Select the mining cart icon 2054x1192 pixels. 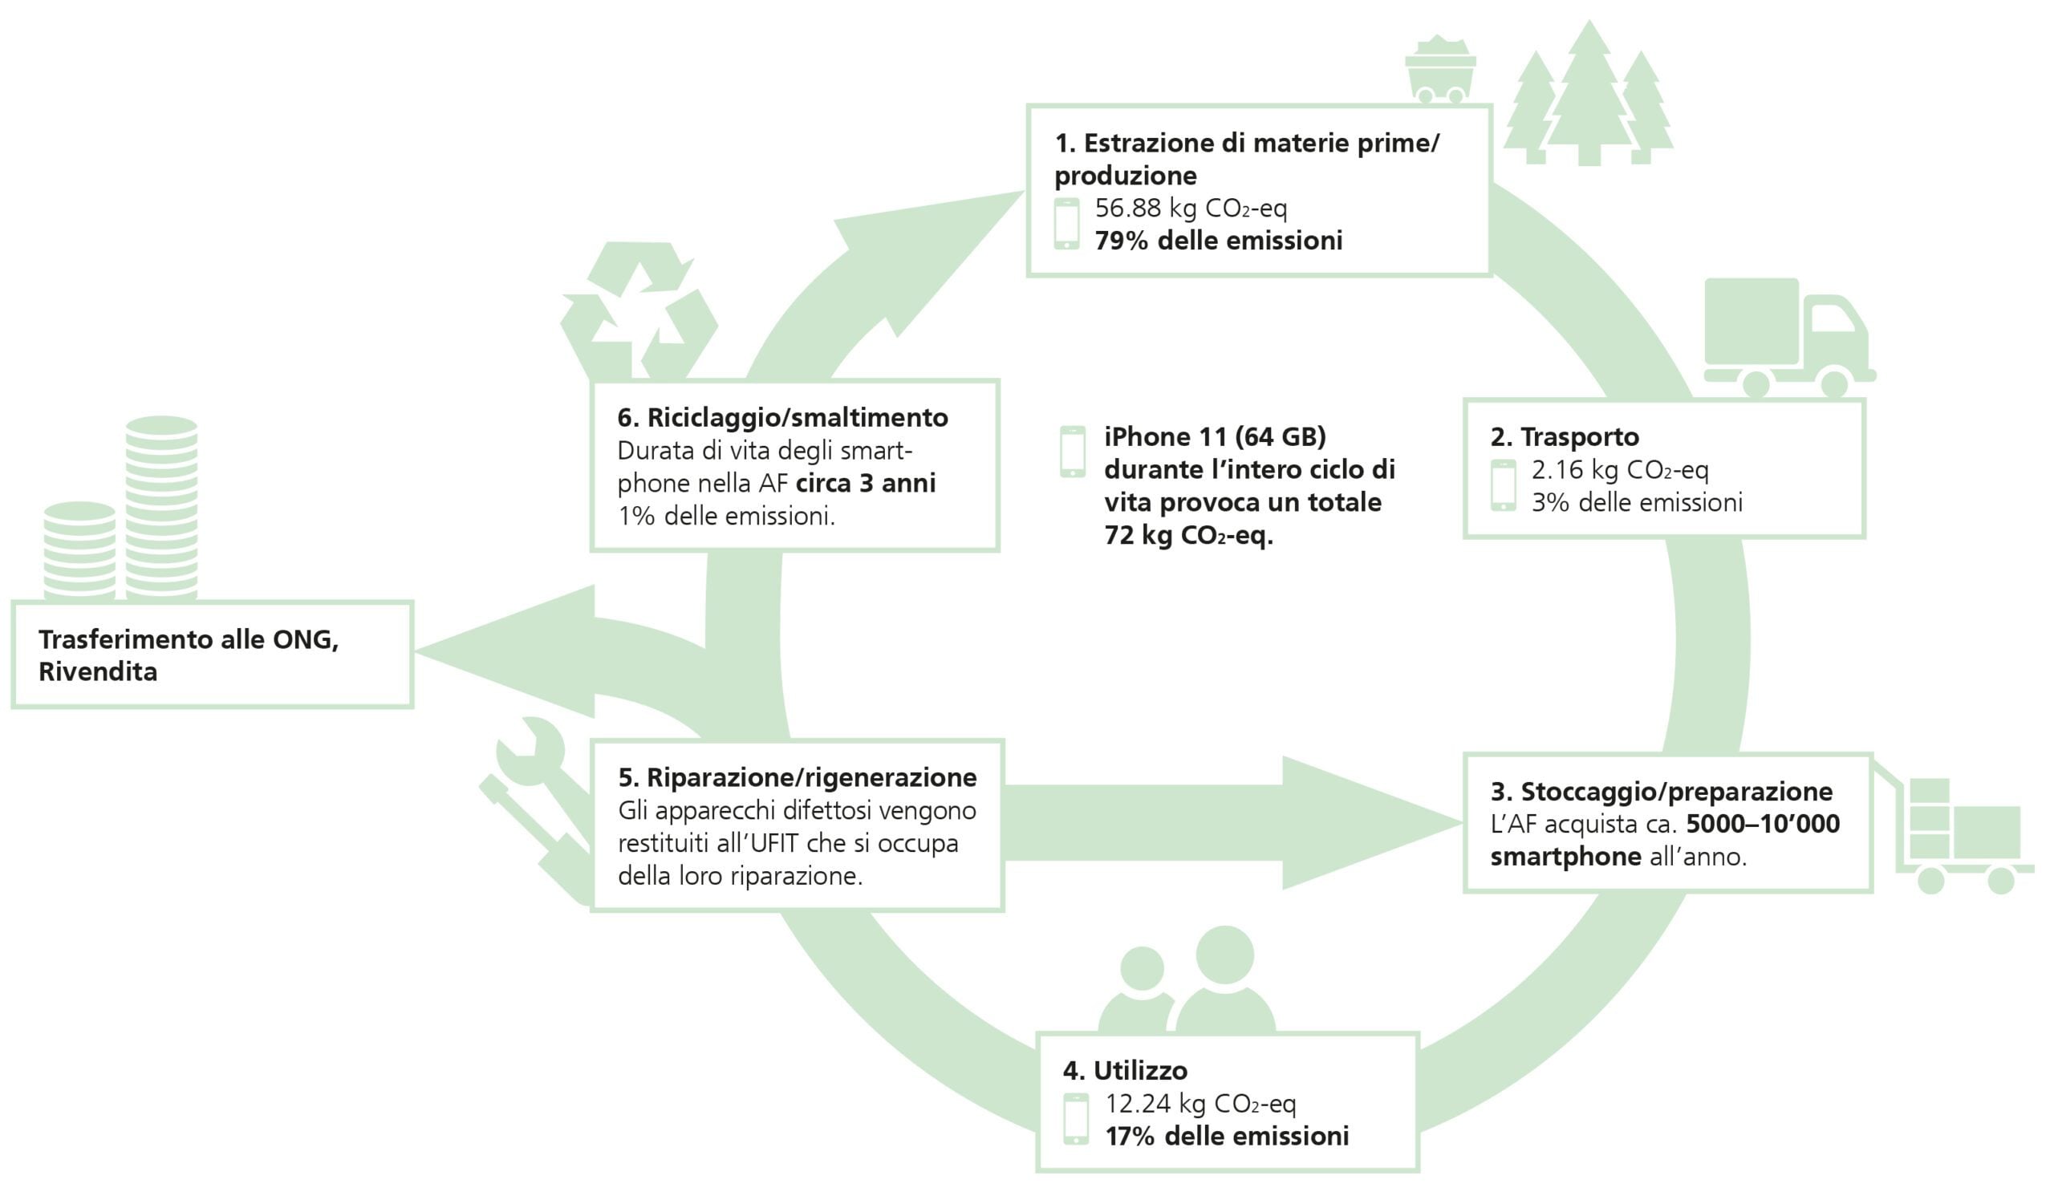coord(1440,70)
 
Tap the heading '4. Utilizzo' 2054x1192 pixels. coord(1125,1070)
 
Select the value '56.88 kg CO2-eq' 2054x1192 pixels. coord(1191,209)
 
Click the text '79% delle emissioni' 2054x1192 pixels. coord(1218,241)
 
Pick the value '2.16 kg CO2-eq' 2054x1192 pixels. coord(1620,470)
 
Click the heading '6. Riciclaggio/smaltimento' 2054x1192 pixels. coord(782,418)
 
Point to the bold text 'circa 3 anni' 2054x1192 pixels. coord(866,483)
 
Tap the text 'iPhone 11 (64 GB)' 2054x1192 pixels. coord(1215,436)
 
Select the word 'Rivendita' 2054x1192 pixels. coord(98,672)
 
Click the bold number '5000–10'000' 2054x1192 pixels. coord(1762,824)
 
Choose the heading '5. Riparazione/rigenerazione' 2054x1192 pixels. coord(798,777)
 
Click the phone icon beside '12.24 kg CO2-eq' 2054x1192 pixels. coord(1076,1119)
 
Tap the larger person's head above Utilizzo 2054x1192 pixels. coord(1224,954)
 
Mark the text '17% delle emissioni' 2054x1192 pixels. coord(1227,1136)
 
